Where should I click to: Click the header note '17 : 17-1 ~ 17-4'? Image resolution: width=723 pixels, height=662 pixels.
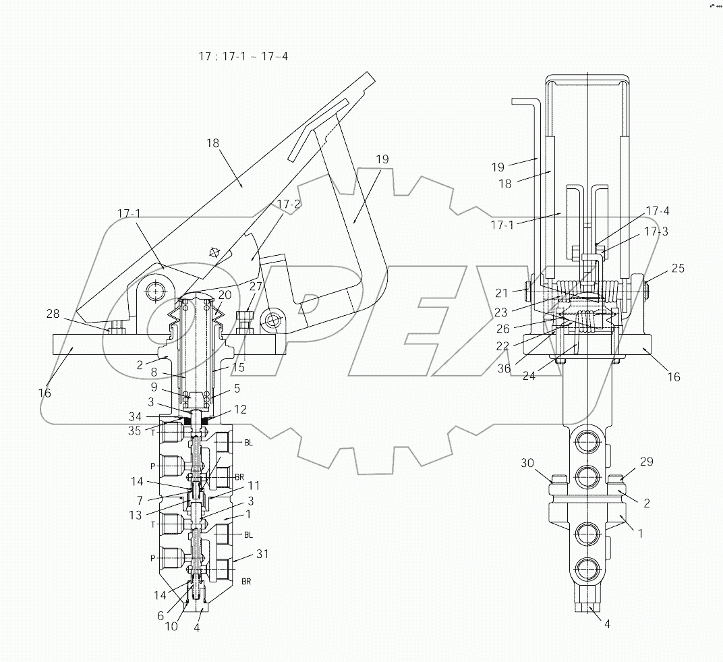(243, 57)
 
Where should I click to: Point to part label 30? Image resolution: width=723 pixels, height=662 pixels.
(527, 462)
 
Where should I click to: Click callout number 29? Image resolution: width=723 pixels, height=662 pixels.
(646, 462)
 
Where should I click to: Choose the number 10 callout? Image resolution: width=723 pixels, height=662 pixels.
(171, 626)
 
